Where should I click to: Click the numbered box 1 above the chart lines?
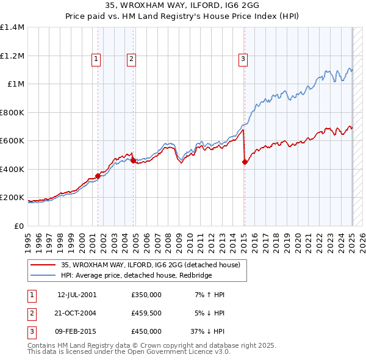[96, 59]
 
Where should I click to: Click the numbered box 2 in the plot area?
[131, 59]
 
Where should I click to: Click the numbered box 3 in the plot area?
[243, 59]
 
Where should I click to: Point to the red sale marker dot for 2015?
[245, 162]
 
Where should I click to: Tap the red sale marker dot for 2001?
[98, 176]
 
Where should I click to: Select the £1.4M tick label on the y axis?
[13, 27]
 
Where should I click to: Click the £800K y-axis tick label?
[12, 112]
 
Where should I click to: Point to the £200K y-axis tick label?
[12, 198]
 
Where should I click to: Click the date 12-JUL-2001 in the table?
[77, 295]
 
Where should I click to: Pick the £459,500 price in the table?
[146, 313]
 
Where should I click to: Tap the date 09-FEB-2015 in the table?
[77, 331]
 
